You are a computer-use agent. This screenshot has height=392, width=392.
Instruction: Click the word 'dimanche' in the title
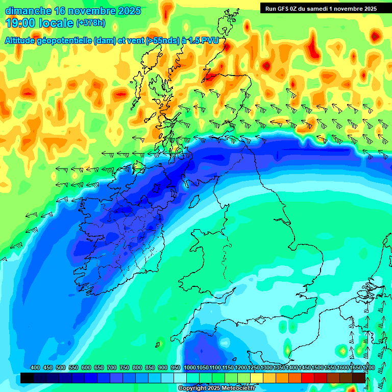28,11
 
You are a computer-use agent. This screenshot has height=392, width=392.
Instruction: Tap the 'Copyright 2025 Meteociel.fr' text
217,388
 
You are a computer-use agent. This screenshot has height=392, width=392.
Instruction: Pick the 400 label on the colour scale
35,368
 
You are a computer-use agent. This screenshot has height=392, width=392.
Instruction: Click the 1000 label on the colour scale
190,368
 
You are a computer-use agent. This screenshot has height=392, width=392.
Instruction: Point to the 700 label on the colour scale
112,368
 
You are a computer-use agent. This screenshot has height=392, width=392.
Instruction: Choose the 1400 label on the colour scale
292,368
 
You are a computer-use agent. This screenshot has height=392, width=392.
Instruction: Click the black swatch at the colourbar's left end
27,378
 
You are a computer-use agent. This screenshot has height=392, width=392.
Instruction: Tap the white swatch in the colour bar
180,378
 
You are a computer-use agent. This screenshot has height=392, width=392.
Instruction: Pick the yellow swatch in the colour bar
257,378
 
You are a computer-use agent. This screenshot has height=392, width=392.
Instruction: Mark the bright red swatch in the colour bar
308,378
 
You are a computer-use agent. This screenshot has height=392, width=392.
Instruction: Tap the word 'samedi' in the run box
324,8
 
